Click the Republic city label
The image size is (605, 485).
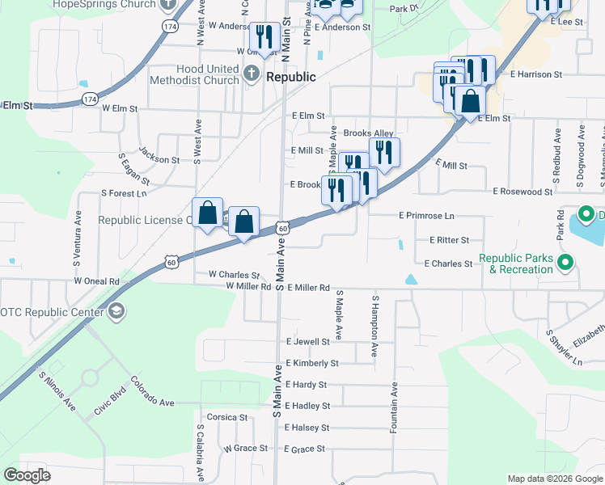pos(291,78)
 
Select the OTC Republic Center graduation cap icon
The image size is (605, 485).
pos(116,312)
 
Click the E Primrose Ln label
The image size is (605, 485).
pos(427,216)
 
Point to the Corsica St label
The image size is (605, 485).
pos(227,418)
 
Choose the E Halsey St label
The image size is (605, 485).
pos(307,428)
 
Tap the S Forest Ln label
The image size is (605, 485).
pos(124,194)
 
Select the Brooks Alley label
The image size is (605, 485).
pos(368,133)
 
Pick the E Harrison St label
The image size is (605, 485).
pos(536,74)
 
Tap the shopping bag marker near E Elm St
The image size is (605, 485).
pos(469,103)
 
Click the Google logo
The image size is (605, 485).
pos(27,475)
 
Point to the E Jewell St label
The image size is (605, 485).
pos(307,342)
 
